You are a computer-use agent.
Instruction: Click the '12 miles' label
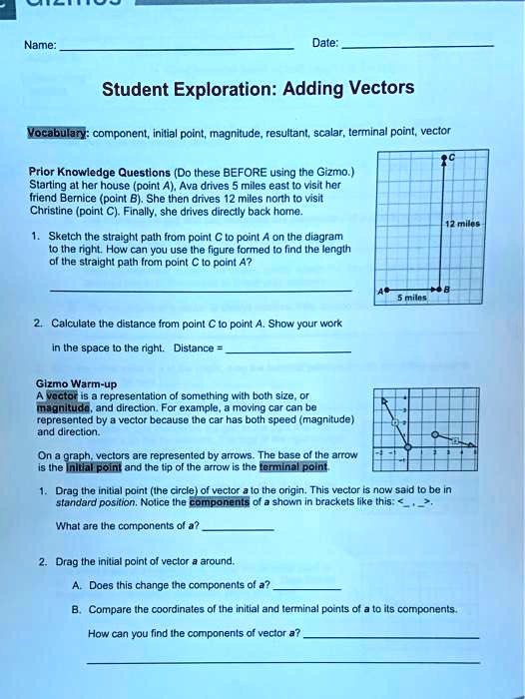(x=465, y=225)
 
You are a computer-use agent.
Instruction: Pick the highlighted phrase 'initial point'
(x=92, y=466)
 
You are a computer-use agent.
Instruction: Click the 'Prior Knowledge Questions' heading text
(x=98, y=171)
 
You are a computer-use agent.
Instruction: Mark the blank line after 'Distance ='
(x=289, y=351)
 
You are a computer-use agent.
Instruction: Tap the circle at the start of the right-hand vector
(x=435, y=435)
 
